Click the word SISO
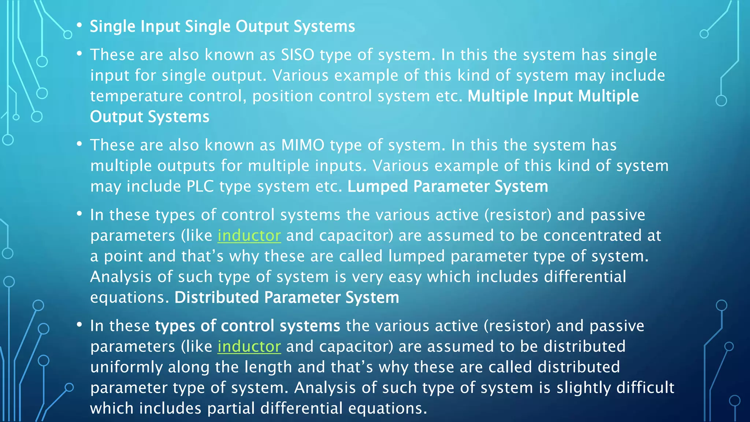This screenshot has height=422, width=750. point(297,55)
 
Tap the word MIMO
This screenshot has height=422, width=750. point(302,145)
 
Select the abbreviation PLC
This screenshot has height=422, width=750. point(200,187)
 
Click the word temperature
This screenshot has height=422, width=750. point(136,96)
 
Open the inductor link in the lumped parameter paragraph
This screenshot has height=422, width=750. point(249,236)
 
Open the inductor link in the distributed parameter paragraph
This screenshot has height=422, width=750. point(249,347)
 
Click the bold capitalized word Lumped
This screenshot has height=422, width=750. point(378,187)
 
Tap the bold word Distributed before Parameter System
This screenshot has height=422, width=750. point(216,297)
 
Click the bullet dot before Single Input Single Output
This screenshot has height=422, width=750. point(79,26)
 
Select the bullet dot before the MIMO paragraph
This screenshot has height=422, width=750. point(79,144)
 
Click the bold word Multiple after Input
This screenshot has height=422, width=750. point(608,96)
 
